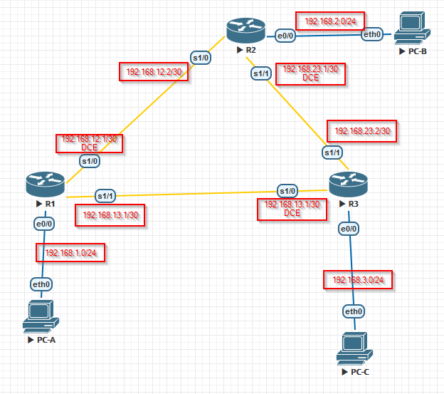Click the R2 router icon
tap(245, 31)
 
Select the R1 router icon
tap(46, 185)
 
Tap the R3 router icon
tap(347, 185)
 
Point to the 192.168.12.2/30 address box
tap(154, 72)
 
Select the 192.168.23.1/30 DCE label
tap(310, 73)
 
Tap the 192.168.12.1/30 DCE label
tap(89, 143)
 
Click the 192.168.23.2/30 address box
tap(361, 130)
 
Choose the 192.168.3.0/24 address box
tap(358, 279)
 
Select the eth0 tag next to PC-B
tap(371, 34)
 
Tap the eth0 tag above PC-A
tap(41, 284)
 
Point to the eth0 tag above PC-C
tap(354, 311)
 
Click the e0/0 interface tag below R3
tap(348, 229)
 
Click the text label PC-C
tap(359, 372)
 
